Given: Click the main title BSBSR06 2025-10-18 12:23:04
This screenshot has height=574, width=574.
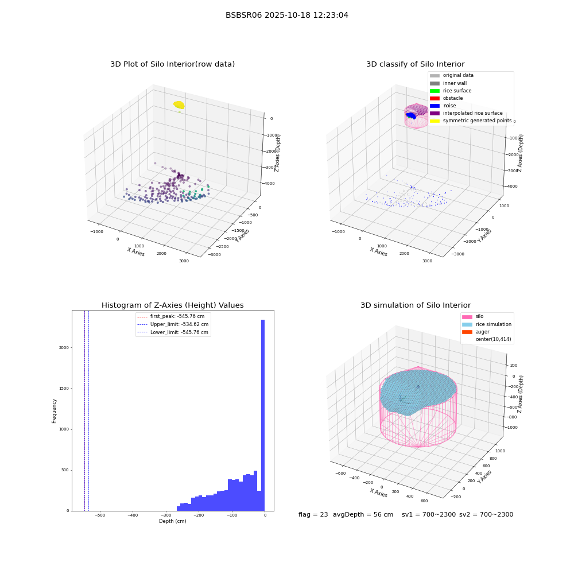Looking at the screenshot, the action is point(286,15).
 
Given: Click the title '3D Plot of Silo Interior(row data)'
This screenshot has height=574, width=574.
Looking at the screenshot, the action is point(172,64).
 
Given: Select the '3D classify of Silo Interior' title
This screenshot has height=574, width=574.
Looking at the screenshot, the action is point(416,64).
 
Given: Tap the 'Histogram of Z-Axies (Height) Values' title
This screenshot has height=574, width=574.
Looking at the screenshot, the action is point(172,305).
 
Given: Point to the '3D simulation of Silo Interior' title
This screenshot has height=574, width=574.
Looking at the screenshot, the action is point(416,305).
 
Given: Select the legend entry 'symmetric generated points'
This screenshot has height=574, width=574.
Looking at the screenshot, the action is point(471,121).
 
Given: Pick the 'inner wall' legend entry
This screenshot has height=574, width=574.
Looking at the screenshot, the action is point(448,83).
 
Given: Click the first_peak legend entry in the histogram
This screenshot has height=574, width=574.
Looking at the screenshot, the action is point(171,316).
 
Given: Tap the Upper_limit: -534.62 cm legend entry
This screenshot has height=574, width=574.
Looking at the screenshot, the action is point(173,324).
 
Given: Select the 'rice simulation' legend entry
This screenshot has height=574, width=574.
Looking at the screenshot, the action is point(487,324).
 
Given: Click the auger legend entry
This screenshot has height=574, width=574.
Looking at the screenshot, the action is point(476,332).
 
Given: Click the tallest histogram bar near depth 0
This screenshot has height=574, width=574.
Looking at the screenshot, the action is point(263,415).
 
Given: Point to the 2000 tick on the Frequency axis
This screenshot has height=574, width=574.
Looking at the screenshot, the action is point(64,347).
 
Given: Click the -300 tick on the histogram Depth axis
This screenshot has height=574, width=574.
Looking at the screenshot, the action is point(166,515).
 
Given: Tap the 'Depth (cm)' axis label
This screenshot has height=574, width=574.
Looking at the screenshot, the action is point(172,521).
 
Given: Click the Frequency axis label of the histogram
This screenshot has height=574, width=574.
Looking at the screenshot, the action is point(54,411).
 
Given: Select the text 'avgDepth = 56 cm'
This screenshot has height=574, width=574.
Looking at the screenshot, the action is point(363,514).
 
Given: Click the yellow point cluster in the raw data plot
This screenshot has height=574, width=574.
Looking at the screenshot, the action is point(179,105).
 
